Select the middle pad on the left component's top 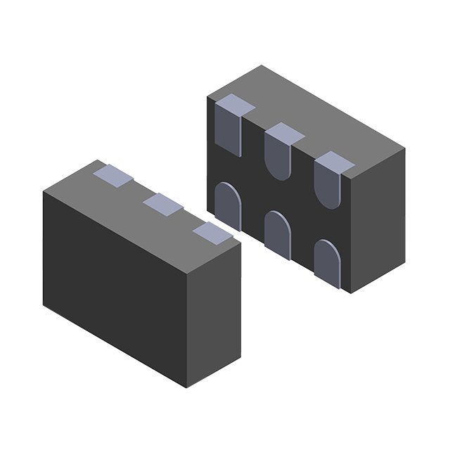(162, 204)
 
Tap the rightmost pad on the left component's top (212, 231)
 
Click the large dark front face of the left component (112, 281)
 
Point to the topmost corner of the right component (262, 65)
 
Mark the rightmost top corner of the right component (405, 150)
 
